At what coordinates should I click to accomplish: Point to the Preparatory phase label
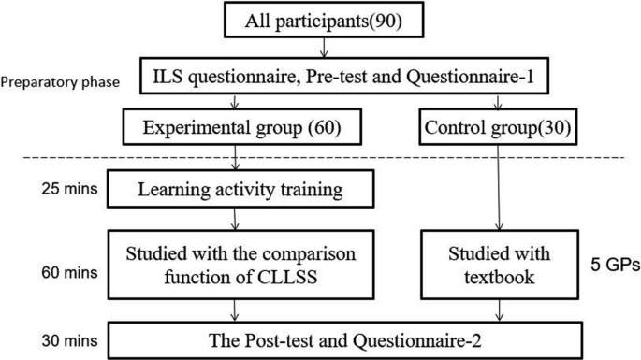coord(58,81)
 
